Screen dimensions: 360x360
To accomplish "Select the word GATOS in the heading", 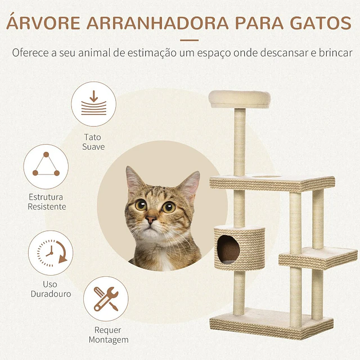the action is coord(321,23).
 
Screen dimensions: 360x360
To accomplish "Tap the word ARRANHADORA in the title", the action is coord(157,23).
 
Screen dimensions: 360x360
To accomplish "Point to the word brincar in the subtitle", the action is coord(335,52).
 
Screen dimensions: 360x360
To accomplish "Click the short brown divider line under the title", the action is coord(189,40).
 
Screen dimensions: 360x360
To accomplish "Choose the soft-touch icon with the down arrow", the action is coord(94,103).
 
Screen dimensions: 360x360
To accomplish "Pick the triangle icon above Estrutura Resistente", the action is coord(46,166).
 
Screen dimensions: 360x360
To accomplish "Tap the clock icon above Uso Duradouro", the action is coord(51,253).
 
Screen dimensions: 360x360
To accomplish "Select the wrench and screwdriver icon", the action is coord(106,299).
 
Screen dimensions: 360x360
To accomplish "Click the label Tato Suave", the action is coord(93,142).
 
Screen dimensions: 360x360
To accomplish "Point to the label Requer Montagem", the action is coord(109,335).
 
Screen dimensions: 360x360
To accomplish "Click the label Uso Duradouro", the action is coord(51,289).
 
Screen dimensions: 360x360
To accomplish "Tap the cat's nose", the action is coord(151,220).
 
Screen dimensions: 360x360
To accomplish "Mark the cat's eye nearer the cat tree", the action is coord(169,207).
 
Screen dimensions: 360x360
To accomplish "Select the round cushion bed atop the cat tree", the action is coord(240,99).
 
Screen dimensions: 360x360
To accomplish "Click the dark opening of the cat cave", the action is coord(228,249).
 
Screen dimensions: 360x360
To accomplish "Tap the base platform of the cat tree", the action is coord(271,323).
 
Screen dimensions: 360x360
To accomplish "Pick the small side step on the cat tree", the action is coord(318,258).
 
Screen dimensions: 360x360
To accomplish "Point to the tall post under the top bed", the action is coord(240,142).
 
